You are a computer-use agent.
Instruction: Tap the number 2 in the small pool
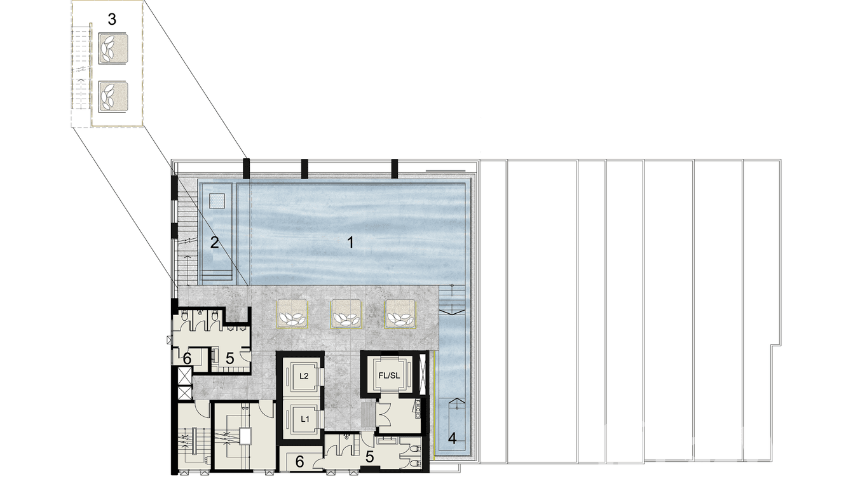click(x=215, y=241)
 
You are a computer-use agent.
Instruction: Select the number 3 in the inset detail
click(x=112, y=19)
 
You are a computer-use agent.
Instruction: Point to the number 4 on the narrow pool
click(x=452, y=438)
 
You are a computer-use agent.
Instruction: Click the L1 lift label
click(x=304, y=419)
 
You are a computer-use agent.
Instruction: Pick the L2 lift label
click(x=304, y=376)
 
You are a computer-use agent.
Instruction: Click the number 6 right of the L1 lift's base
click(x=299, y=462)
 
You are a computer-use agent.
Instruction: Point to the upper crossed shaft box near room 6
click(x=184, y=377)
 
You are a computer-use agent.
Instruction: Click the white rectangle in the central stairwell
click(x=245, y=435)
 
